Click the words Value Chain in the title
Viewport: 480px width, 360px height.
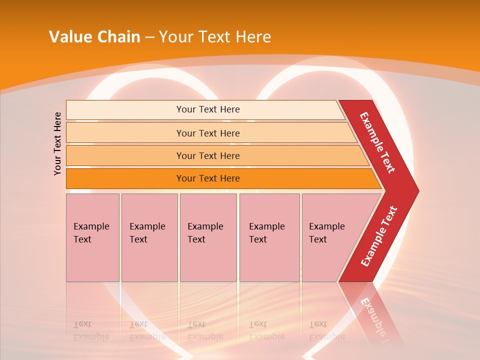pos(94,36)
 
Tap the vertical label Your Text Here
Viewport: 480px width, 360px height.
pos(57,143)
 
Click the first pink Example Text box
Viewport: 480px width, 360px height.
pos(92,237)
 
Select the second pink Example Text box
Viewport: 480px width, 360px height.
pos(149,237)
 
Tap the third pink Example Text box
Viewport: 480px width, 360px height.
pos(208,237)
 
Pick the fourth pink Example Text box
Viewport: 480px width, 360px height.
pos(269,237)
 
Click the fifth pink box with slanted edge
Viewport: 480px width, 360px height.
pos(330,237)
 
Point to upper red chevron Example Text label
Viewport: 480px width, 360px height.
pos(377,142)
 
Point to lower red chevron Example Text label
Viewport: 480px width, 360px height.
pos(379,236)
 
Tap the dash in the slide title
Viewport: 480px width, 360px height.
pos(149,36)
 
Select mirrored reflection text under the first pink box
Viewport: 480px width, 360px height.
pos(91,330)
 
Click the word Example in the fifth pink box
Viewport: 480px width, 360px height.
pos(326,226)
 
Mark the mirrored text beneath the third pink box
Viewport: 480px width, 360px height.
pos(205,330)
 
